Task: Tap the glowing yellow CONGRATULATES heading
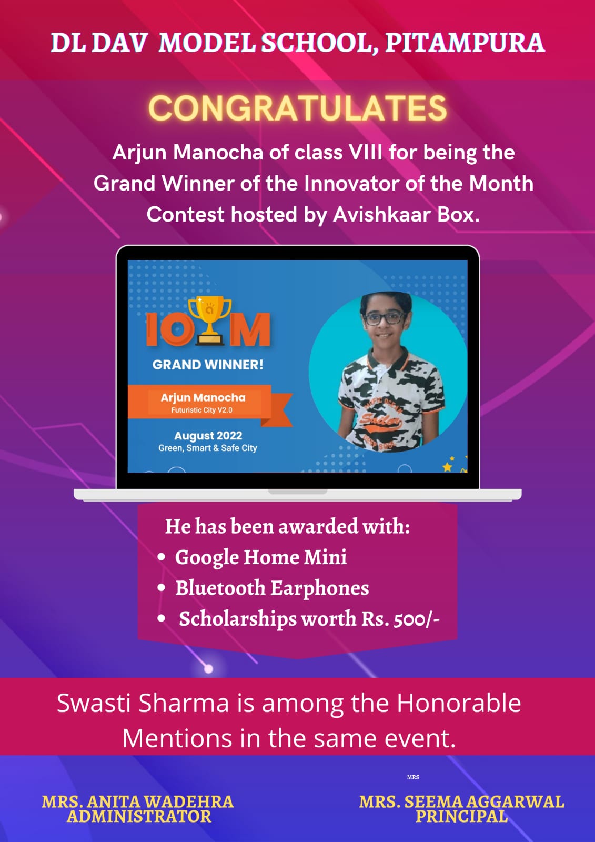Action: [298, 108]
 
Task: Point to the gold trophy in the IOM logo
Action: [210, 320]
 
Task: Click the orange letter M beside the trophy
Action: [249, 329]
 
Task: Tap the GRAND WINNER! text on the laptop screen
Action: [208, 365]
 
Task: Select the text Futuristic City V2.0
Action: [201, 410]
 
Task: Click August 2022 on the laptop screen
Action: [208, 436]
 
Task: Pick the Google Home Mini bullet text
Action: [261, 557]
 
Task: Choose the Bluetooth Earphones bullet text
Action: [272, 588]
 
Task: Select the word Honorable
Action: [459, 703]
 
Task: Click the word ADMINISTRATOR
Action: [139, 816]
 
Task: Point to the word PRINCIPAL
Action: [461, 816]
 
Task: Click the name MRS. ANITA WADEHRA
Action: [137, 802]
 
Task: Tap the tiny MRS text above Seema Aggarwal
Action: [413, 777]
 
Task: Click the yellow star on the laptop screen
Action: [447, 467]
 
